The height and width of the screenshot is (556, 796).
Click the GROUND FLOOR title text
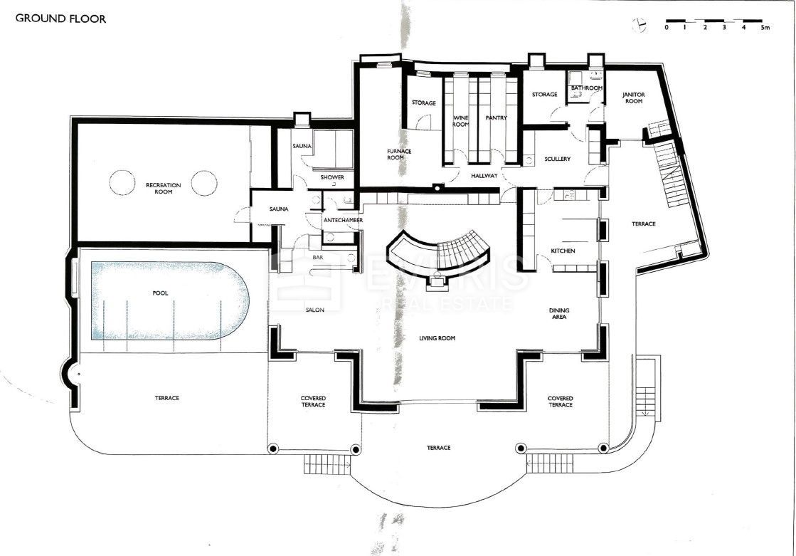(x=60, y=19)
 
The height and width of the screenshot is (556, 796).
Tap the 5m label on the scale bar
(x=765, y=28)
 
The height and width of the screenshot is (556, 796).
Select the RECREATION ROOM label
(x=164, y=189)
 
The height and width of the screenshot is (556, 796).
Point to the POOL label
(x=160, y=293)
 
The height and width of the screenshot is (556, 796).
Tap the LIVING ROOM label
(x=437, y=338)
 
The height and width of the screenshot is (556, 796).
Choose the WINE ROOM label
(x=461, y=121)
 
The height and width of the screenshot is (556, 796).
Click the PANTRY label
(x=496, y=118)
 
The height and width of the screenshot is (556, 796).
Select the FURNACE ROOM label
(x=399, y=154)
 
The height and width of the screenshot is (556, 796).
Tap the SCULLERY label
(x=558, y=159)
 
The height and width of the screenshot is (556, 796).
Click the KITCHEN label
(x=563, y=251)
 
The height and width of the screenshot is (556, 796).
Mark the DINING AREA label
(x=558, y=314)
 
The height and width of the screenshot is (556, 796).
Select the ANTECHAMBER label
(x=344, y=221)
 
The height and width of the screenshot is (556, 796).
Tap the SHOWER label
(x=332, y=177)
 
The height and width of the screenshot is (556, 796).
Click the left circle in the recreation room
(x=122, y=182)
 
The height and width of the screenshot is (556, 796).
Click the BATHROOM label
(x=587, y=88)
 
